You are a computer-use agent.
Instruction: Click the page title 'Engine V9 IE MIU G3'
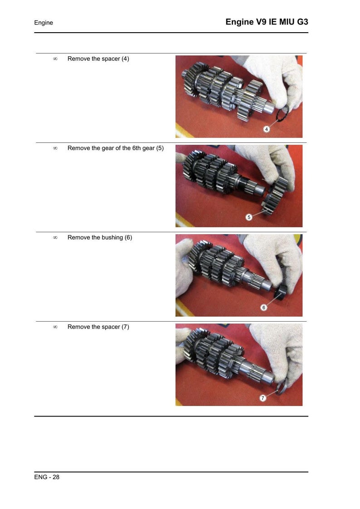(267, 22)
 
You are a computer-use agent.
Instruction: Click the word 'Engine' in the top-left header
(44, 23)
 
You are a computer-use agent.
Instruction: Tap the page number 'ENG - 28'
(47, 477)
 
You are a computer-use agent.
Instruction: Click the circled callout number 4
(266, 129)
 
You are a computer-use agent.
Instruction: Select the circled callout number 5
(249, 217)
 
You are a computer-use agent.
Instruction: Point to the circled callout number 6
(264, 308)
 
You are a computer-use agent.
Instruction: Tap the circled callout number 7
(263, 398)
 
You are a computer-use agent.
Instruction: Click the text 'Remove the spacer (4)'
(98, 59)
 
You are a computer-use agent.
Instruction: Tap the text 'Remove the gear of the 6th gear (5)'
(116, 148)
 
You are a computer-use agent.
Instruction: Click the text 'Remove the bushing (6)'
(100, 238)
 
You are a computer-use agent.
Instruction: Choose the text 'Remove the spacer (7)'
(98, 327)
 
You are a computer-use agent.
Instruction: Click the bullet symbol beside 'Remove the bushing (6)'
(55, 238)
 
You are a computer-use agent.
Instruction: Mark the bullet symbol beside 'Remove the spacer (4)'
(55, 59)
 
